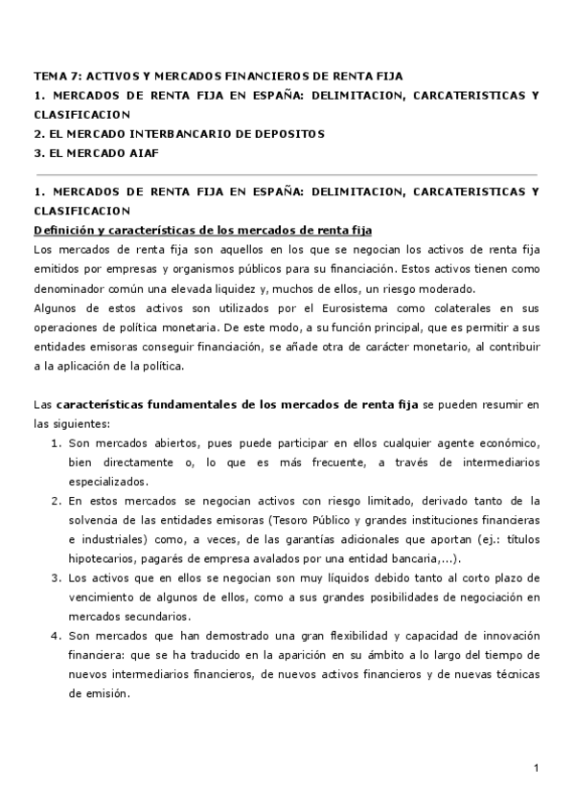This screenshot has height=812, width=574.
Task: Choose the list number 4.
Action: [56, 636]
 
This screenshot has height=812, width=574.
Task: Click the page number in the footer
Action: [538, 768]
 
